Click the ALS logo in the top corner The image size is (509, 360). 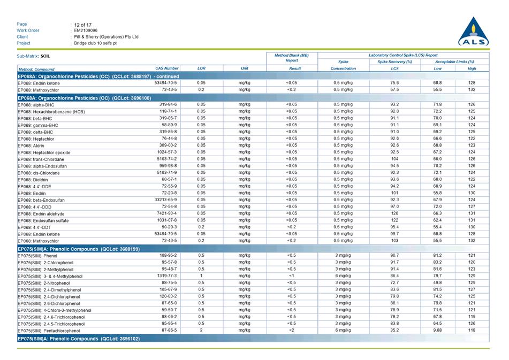[x=473, y=32]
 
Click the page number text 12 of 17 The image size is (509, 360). [x=83, y=25]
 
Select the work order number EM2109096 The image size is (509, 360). [x=86, y=30]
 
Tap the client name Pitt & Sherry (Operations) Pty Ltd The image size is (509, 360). [x=106, y=37]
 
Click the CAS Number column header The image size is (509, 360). [x=167, y=68]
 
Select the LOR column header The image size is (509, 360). [x=201, y=68]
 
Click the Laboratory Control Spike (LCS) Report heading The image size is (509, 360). [x=402, y=55]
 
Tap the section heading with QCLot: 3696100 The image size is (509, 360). [x=85, y=98]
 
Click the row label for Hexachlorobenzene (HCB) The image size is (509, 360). [x=51, y=112]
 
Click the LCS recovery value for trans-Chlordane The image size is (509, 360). [x=394, y=159]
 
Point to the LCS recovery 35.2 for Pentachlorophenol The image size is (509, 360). [x=394, y=331]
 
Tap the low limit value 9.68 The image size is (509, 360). [x=437, y=331]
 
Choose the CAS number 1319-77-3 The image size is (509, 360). [x=167, y=276]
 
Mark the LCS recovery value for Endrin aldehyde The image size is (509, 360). [x=394, y=213]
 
